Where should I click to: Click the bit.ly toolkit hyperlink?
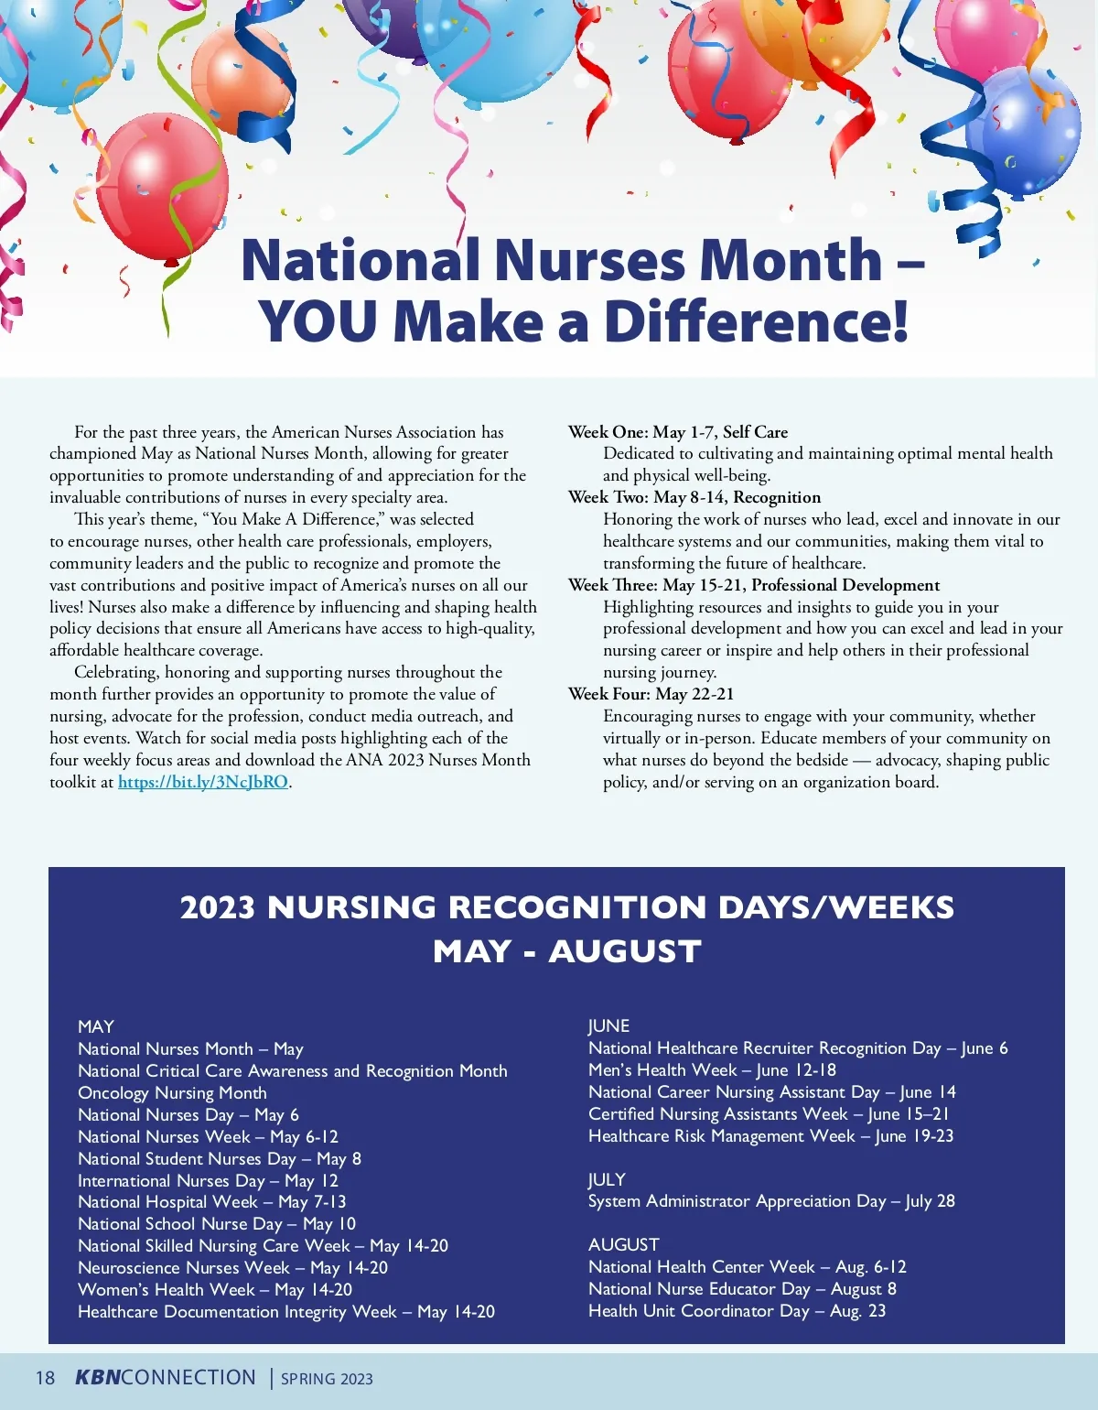click(x=203, y=782)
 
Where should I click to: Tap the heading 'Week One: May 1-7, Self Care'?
click(x=677, y=432)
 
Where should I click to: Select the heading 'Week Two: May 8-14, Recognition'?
click(x=694, y=497)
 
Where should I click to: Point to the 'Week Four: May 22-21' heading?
click(x=651, y=694)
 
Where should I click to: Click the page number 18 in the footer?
click(x=45, y=1378)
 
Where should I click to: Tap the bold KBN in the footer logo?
click(x=97, y=1378)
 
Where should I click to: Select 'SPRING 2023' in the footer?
click(x=327, y=1379)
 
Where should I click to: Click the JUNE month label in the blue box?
click(x=608, y=1026)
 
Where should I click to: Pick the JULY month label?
click(x=607, y=1179)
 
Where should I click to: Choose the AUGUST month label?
click(x=623, y=1245)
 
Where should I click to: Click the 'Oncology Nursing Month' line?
click(x=172, y=1093)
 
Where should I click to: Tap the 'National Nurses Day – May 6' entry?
click(x=188, y=1115)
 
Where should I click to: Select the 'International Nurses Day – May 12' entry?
click(x=208, y=1181)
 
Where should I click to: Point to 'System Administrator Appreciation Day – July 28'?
click(x=770, y=1201)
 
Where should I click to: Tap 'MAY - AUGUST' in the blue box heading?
click(x=566, y=951)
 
